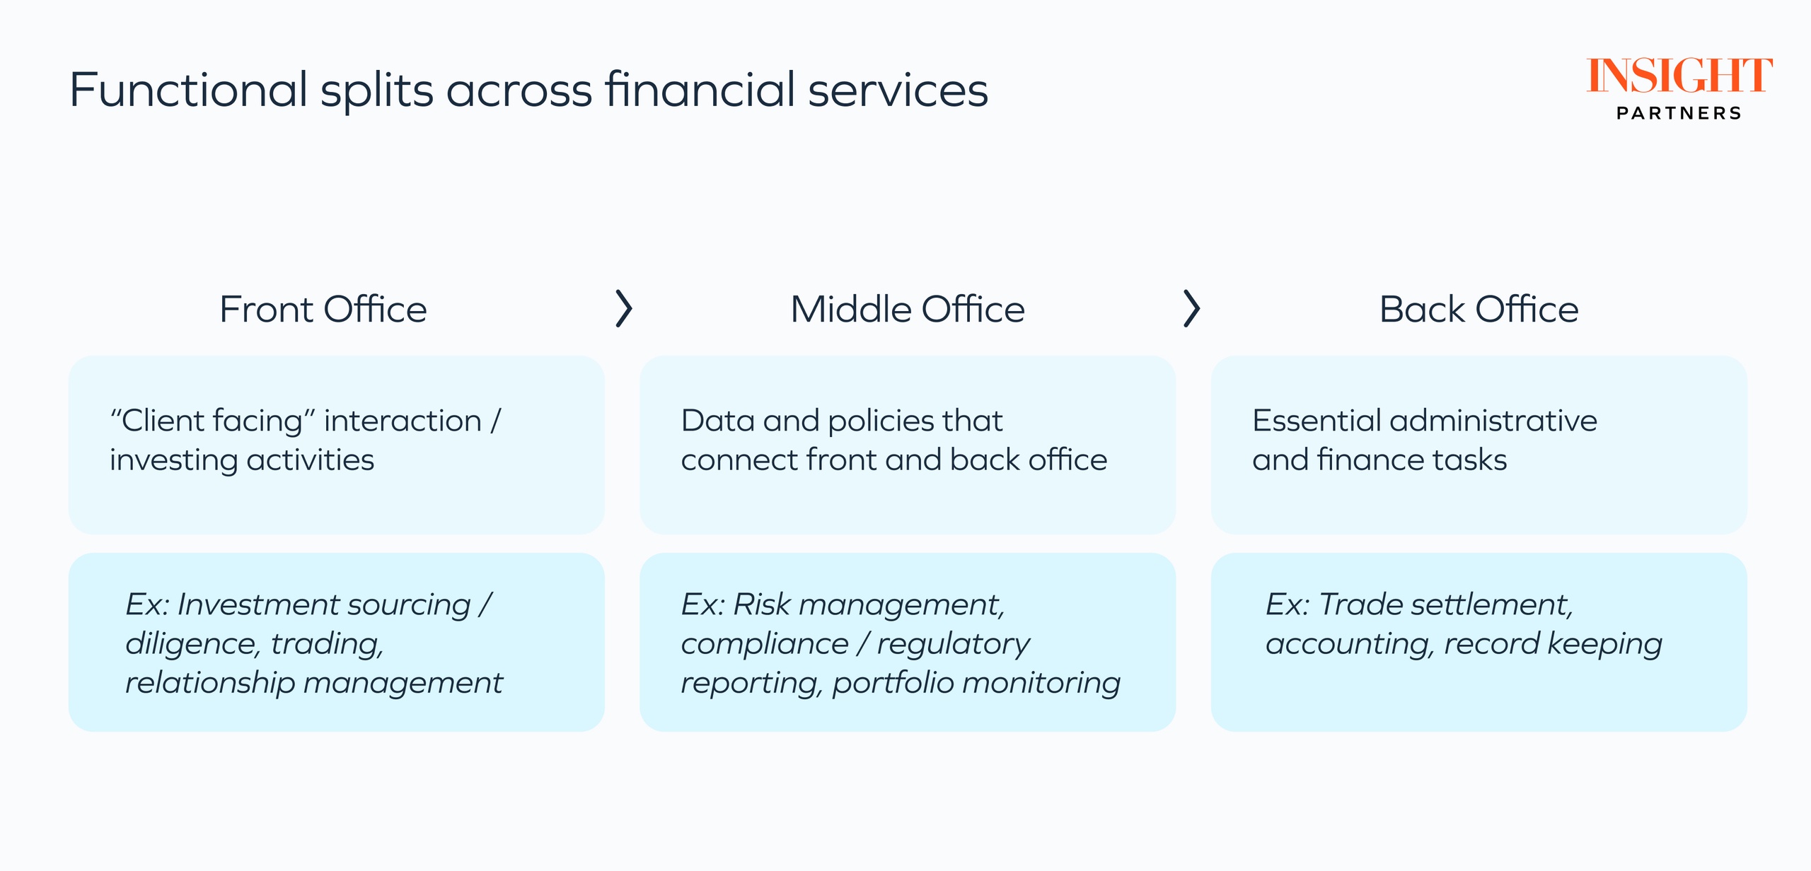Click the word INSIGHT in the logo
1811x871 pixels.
[1679, 76]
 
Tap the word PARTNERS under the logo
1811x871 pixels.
[1679, 113]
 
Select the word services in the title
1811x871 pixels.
[898, 91]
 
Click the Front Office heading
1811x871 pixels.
[323, 310]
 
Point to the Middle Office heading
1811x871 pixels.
[908, 310]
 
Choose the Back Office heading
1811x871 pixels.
[1479, 310]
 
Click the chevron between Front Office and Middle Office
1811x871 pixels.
[623, 308]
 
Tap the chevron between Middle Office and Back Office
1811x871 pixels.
[1192, 308]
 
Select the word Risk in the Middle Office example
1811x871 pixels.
[761, 605]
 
